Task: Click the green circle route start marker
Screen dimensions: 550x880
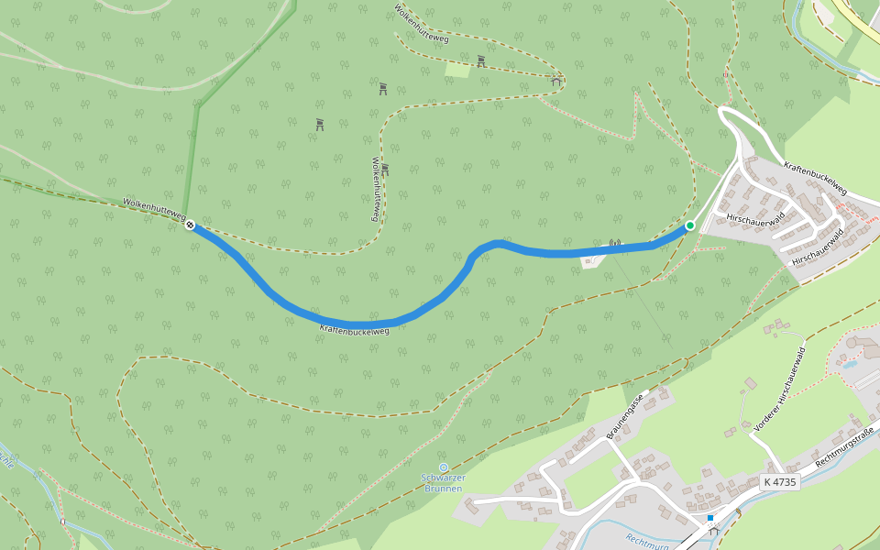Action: pyautogui.click(x=689, y=225)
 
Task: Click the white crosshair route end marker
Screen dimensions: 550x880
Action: pyautogui.click(x=190, y=225)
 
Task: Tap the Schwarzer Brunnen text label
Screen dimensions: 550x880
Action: pyautogui.click(x=444, y=483)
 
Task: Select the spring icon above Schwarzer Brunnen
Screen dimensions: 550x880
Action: pyautogui.click(x=444, y=467)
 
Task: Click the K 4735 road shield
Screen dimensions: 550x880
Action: pyautogui.click(x=780, y=482)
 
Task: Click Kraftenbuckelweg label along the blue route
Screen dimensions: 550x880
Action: pyautogui.click(x=355, y=329)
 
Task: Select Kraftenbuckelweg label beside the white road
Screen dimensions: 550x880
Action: pyautogui.click(x=815, y=178)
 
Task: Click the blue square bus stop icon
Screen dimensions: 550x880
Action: pyautogui.click(x=709, y=518)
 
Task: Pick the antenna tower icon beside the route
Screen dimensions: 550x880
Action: pyautogui.click(x=614, y=245)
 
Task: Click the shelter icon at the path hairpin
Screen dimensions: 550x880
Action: pyautogui.click(x=556, y=82)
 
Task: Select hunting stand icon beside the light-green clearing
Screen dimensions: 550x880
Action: pyautogui.click(x=481, y=61)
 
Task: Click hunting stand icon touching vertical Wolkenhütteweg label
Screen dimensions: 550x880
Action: pyautogui.click(x=385, y=170)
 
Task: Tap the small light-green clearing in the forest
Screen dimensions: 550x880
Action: pyautogui.click(x=457, y=69)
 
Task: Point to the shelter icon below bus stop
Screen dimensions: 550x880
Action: pyautogui.click(x=712, y=531)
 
